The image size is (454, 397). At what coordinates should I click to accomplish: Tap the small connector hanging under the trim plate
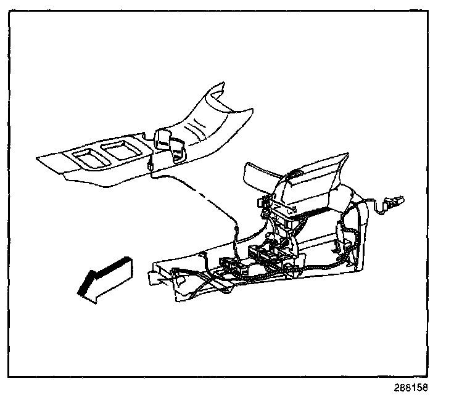click(x=151, y=165)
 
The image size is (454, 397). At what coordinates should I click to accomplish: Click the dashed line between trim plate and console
click(x=197, y=195)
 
